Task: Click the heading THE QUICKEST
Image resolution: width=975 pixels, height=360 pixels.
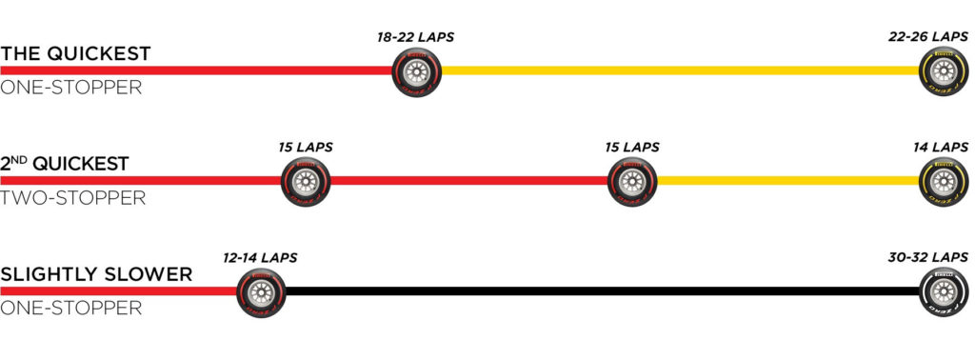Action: (75, 54)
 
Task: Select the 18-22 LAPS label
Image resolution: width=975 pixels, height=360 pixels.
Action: (415, 37)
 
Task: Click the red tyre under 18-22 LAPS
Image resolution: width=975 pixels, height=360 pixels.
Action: (417, 72)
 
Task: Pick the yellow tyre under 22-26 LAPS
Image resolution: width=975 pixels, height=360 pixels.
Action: (944, 72)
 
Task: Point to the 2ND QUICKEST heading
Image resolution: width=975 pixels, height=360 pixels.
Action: (65, 164)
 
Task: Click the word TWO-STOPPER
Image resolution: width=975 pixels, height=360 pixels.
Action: (72, 198)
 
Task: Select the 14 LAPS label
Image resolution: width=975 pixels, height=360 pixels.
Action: (941, 148)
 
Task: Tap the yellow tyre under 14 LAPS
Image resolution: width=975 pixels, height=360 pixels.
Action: (944, 182)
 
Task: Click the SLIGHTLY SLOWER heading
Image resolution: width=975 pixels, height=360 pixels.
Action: (96, 274)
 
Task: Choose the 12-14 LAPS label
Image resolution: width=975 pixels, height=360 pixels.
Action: (260, 257)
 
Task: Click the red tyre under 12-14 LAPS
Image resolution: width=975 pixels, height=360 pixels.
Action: (261, 292)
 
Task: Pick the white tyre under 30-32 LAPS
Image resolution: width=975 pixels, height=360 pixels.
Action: (944, 292)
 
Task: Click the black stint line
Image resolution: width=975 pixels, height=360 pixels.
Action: (603, 291)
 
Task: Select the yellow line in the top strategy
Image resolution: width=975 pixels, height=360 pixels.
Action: (680, 70)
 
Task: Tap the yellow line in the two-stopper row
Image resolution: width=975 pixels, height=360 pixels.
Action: (787, 180)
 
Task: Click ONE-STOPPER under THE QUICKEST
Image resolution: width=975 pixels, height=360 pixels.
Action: (70, 88)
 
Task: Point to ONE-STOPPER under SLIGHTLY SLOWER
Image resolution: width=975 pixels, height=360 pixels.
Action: (70, 308)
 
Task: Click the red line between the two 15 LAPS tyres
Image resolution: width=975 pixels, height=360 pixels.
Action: (468, 180)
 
